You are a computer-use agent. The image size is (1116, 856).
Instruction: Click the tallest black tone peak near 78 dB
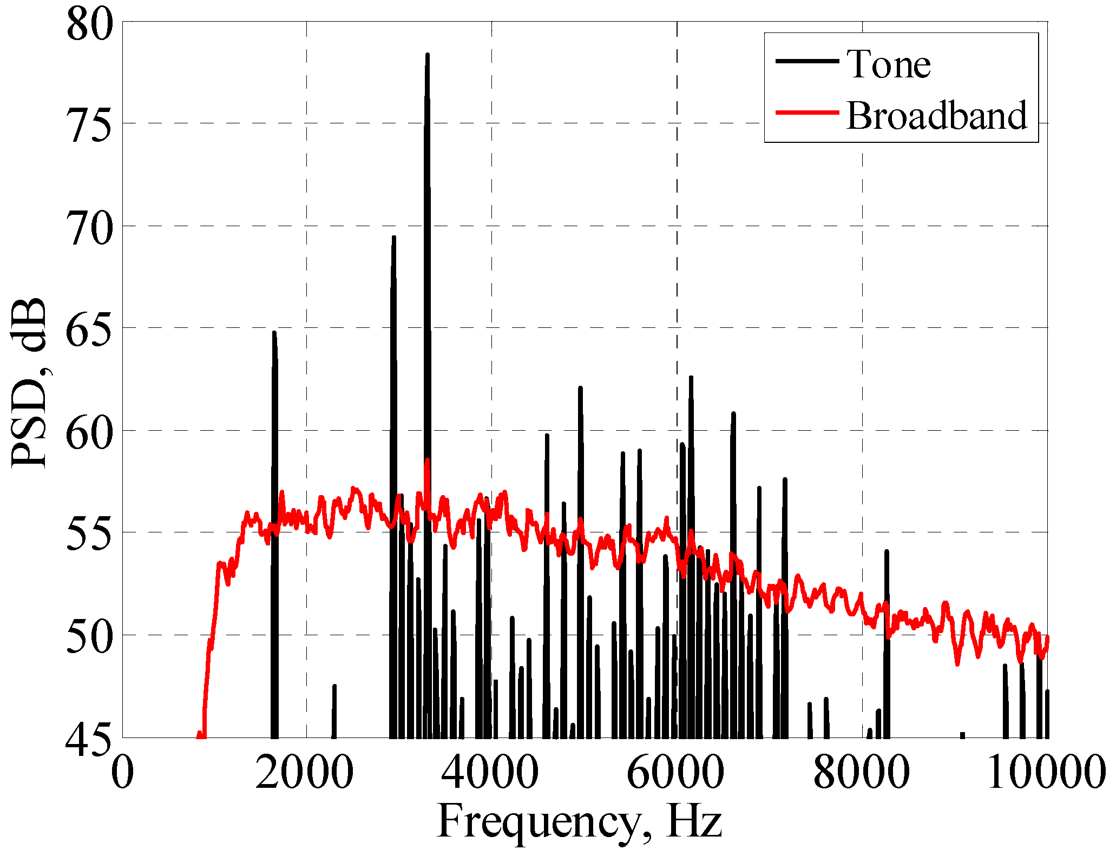point(427,55)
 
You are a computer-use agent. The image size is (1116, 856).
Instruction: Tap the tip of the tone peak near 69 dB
point(393,238)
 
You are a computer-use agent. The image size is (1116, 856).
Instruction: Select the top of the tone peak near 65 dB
point(274,333)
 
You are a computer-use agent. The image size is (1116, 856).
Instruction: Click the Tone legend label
point(889,64)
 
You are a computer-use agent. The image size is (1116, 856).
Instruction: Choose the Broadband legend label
point(936,116)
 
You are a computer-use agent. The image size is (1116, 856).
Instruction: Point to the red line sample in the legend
point(807,113)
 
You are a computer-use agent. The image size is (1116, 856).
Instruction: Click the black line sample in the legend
point(807,61)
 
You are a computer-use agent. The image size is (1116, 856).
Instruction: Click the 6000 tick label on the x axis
point(675,772)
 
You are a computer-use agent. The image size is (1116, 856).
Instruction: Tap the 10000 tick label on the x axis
point(1046,772)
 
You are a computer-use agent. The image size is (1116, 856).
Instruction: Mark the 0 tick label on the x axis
point(123,772)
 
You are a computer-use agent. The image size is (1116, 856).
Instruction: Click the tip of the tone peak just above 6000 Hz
point(691,378)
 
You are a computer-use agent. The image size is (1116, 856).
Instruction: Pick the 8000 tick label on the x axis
point(861,772)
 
